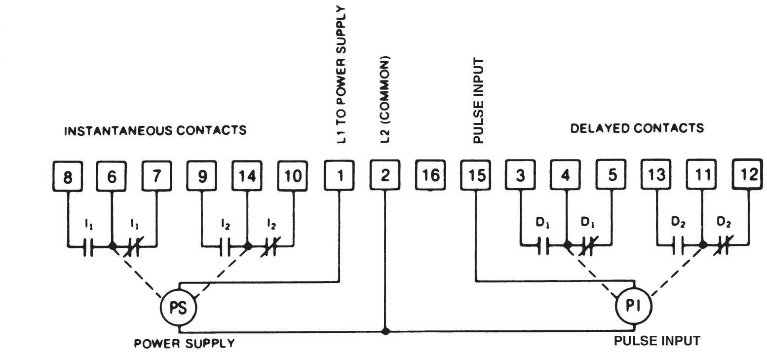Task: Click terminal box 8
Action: point(67,176)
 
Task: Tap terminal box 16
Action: point(430,175)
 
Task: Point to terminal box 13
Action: point(656,176)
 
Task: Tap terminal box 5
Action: point(611,176)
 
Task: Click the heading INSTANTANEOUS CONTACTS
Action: point(156,131)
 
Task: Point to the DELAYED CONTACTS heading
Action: point(637,128)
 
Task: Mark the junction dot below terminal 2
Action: point(385,331)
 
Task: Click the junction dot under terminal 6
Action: point(113,245)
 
